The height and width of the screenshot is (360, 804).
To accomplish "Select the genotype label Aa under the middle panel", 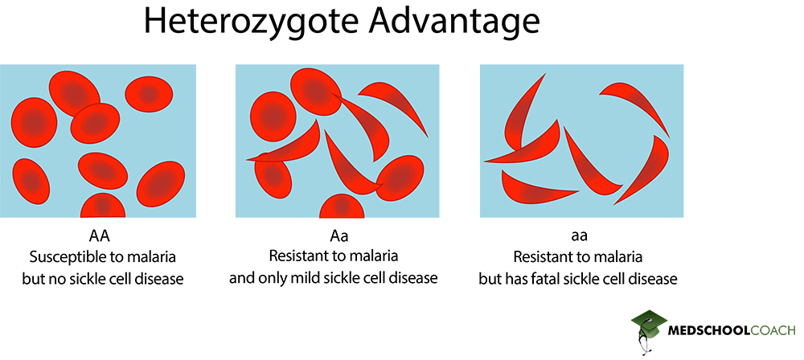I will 340,237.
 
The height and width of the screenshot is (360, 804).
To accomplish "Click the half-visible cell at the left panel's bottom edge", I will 103,207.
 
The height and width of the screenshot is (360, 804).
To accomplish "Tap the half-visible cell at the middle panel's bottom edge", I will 342,207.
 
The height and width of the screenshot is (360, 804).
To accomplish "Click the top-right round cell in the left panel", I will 149,94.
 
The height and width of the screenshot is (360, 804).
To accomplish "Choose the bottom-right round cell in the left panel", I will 162,183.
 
